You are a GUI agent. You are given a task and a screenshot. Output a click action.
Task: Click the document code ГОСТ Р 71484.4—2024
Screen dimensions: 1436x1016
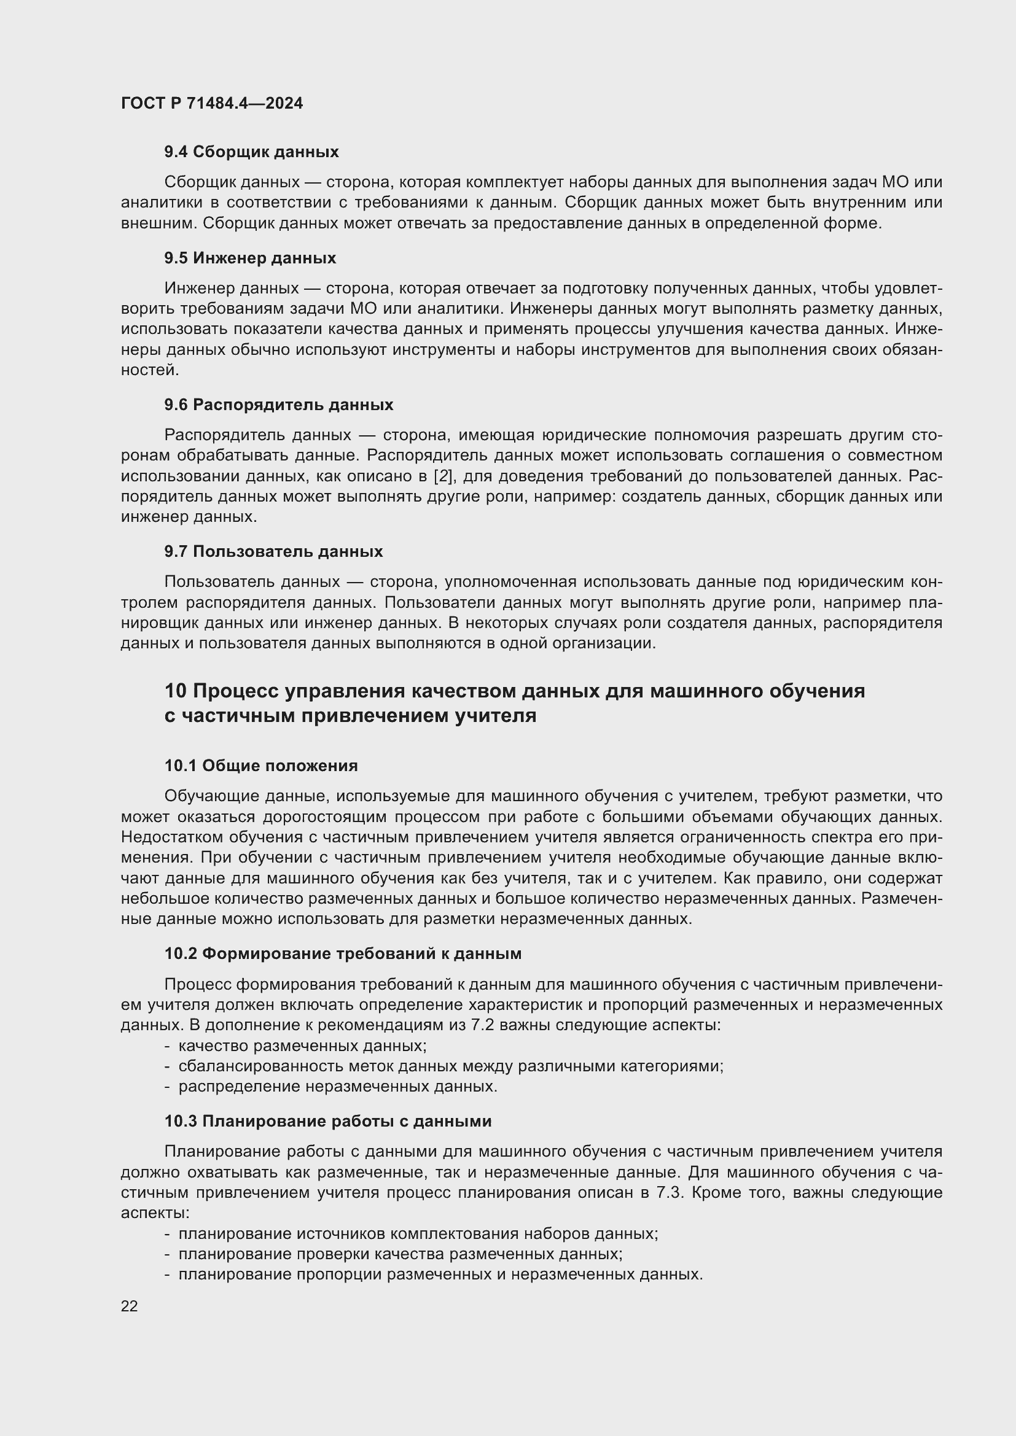point(211,103)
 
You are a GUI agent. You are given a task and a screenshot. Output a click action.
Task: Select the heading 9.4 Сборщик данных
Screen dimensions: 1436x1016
point(251,152)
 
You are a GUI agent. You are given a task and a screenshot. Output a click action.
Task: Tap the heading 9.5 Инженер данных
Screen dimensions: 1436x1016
point(250,258)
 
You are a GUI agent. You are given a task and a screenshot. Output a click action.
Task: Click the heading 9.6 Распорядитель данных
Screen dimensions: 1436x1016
point(279,405)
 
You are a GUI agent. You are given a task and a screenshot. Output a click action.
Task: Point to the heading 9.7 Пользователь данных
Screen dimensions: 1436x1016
point(273,552)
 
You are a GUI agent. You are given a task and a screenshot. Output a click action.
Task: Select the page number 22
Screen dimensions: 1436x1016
point(130,1306)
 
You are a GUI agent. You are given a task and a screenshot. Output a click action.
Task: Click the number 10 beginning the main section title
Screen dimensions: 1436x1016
point(175,691)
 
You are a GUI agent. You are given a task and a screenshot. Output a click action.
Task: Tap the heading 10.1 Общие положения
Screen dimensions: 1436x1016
point(261,766)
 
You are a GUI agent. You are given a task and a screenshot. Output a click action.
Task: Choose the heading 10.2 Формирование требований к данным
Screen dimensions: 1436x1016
point(343,954)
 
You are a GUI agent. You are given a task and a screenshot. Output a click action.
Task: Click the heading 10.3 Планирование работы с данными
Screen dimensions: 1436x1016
point(328,1122)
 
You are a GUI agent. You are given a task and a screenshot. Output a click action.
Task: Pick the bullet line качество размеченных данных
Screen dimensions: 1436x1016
point(302,1046)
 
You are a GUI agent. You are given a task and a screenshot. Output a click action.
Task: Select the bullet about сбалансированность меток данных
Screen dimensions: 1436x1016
point(450,1066)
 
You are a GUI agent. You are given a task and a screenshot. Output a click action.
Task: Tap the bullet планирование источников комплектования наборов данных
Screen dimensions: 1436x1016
point(418,1234)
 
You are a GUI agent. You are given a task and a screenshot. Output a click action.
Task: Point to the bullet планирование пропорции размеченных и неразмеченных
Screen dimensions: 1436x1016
point(440,1274)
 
